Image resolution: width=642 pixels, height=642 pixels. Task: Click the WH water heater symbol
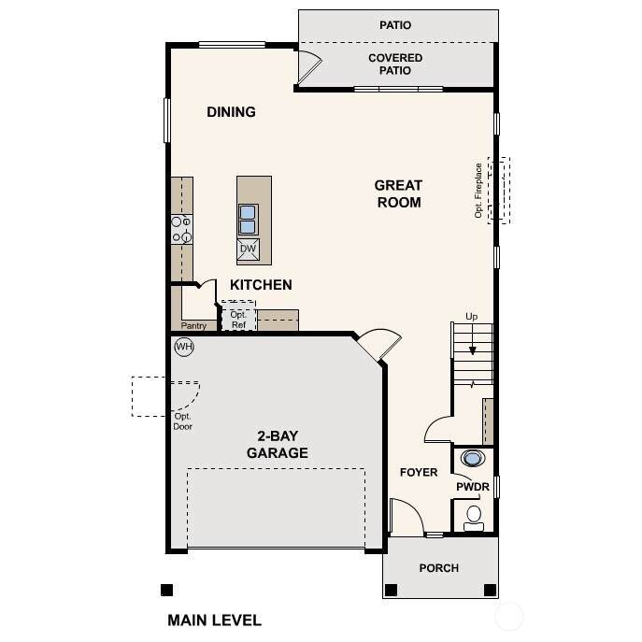point(184,347)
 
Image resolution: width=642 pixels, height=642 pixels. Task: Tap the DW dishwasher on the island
point(249,249)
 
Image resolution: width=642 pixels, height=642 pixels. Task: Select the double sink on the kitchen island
point(249,220)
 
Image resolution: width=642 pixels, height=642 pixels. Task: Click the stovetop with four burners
point(182,229)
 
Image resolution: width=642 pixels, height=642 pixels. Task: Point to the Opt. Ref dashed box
point(238,316)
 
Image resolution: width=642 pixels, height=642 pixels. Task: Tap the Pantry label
point(193,326)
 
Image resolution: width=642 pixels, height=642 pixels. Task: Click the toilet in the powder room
point(474,519)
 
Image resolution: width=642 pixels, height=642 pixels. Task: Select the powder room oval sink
point(473,458)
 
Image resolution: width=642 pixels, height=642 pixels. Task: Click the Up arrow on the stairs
point(473,339)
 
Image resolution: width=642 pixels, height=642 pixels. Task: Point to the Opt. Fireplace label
point(478,191)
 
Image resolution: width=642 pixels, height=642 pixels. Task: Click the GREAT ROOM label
point(398,193)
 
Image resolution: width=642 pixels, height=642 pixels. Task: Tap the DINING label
point(232,112)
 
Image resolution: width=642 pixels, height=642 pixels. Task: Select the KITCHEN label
point(261,285)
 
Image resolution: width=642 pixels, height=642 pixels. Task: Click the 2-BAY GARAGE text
point(278,444)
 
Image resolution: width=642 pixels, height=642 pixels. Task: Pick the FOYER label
point(419,472)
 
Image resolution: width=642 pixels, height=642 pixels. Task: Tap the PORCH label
point(439,568)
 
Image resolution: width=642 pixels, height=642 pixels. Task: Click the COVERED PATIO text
point(395,64)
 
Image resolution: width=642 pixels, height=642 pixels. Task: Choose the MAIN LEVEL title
point(215,621)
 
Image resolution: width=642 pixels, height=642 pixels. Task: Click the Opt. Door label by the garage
point(182,421)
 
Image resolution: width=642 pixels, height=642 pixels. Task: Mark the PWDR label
point(473,487)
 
